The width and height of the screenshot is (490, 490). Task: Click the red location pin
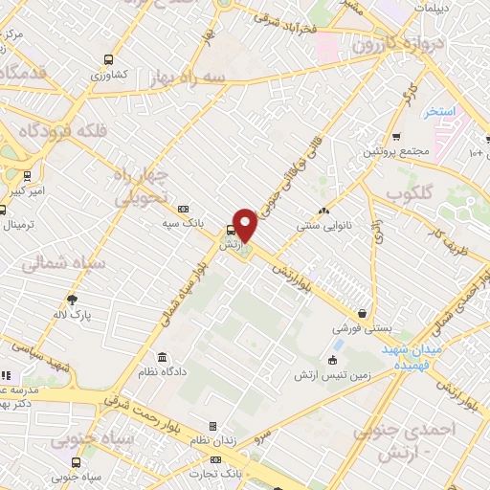tap(246, 225)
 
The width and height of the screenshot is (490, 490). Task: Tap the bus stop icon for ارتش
tap(230, 231)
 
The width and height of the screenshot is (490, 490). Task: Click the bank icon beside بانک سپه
tap(184, 209)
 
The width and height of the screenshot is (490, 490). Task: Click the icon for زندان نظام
tap(212, 426)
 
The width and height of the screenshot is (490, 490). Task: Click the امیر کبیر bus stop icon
tap(26, 176)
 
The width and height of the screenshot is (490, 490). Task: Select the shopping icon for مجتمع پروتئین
tap(395, 136)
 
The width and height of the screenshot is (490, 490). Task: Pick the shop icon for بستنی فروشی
tap(362, 313)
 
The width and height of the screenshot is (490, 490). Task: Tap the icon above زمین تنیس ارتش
tap(331, 361)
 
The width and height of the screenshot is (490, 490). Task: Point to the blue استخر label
tap(440, 112)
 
